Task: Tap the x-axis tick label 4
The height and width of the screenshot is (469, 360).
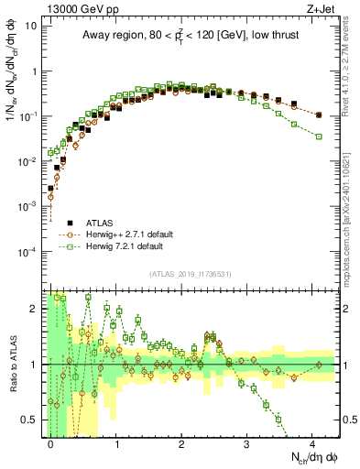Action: click(312, 444)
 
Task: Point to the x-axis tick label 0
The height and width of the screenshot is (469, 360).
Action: click(51, 444)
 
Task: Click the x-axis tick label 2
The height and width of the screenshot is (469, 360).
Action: click(181, 444)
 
